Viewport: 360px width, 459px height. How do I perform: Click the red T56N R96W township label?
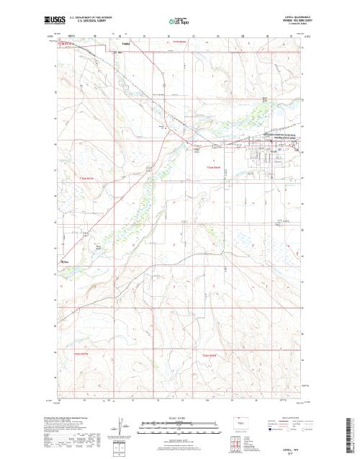click(209, 165)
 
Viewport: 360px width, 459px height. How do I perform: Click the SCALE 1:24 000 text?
click(170, 417)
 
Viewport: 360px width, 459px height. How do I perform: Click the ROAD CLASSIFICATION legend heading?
click(289, 417)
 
